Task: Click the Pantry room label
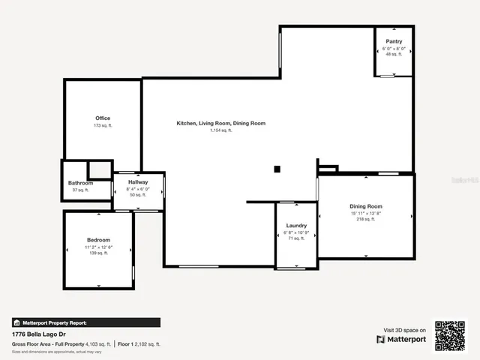tap(393, 40)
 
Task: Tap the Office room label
tap(103, 118)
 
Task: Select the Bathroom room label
tap(80, 183)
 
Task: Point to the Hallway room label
tap(138, 182)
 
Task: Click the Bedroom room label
tap(98, 240)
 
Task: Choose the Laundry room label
tap(297, 225)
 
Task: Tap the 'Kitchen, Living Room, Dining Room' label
tap(220, 123)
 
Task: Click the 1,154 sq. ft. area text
tap(220, 130)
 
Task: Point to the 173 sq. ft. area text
tap(103, 125)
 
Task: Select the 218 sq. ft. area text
tap(366, 219)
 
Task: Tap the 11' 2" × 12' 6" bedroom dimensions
tap(98, 247)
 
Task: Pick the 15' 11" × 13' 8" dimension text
tap(366, 213)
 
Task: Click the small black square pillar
tap(277, 169)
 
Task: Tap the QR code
tap(450, 336)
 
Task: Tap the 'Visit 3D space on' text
tap(405, 330)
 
